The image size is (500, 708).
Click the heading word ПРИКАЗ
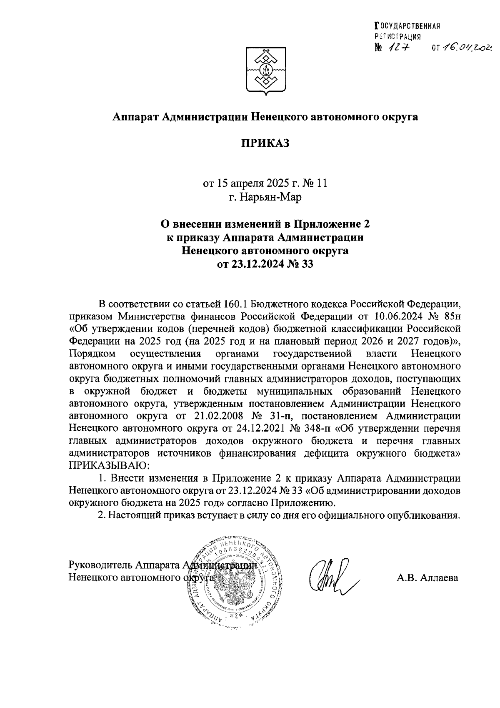pyautogui.click(x=265, y=144)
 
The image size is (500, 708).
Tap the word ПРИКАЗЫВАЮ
pyautogui.click(x=108, y=464)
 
